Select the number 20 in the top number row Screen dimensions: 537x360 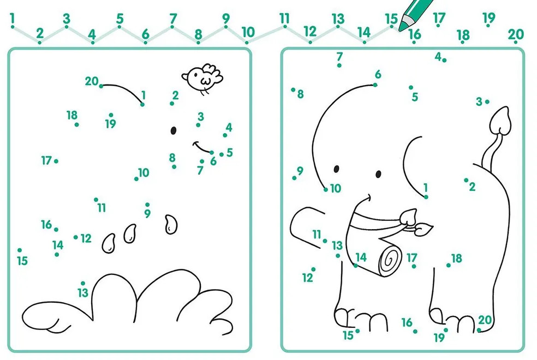516,34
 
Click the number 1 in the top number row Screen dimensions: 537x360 13,18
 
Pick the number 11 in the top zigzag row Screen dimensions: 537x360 284,18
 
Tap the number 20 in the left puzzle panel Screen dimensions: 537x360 92,81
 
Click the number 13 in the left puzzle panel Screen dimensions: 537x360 83,292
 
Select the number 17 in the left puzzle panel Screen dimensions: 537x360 46,160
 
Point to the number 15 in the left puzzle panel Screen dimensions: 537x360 22,261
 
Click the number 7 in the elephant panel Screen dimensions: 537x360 339,56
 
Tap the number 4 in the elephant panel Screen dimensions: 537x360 438,57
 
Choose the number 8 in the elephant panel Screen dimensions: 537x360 300,94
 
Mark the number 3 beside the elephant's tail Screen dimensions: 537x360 479,101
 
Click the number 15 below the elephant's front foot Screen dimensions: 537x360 348,335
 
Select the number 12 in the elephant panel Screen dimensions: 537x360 308,278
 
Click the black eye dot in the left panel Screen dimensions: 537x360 174,130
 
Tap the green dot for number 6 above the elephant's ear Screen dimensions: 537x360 375,85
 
